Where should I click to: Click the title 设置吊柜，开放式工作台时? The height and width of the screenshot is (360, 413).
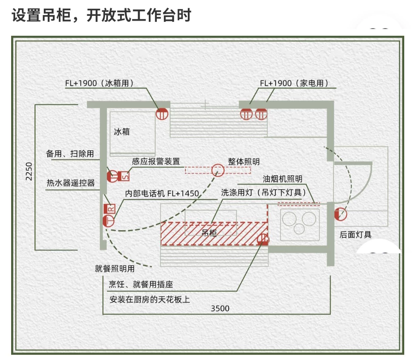[101, 16]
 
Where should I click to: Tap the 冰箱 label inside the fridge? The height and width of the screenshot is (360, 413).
[122, 132]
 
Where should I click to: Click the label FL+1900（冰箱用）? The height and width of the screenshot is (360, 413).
[99, 84]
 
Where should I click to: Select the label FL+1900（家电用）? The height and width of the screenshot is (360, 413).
[294, 84]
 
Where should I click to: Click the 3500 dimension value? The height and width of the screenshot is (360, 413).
[220, 308]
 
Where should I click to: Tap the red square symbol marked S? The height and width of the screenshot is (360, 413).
[124, 176]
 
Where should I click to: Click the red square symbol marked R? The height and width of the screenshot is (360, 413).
[109, 209]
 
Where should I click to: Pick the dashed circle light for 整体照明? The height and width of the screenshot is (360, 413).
[218, 170]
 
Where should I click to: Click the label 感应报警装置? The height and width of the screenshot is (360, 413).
[156, 162]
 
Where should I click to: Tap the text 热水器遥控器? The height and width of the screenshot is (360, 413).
[71, 183]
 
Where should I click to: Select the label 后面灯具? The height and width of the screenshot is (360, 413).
[355, 235]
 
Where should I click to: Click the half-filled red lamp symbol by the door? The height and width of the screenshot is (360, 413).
[341, 215]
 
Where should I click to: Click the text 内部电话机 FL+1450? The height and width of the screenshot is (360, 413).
[162, 194]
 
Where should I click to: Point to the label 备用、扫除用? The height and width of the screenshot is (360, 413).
[70, 154]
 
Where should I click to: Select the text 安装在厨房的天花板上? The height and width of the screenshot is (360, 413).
[150, 299]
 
